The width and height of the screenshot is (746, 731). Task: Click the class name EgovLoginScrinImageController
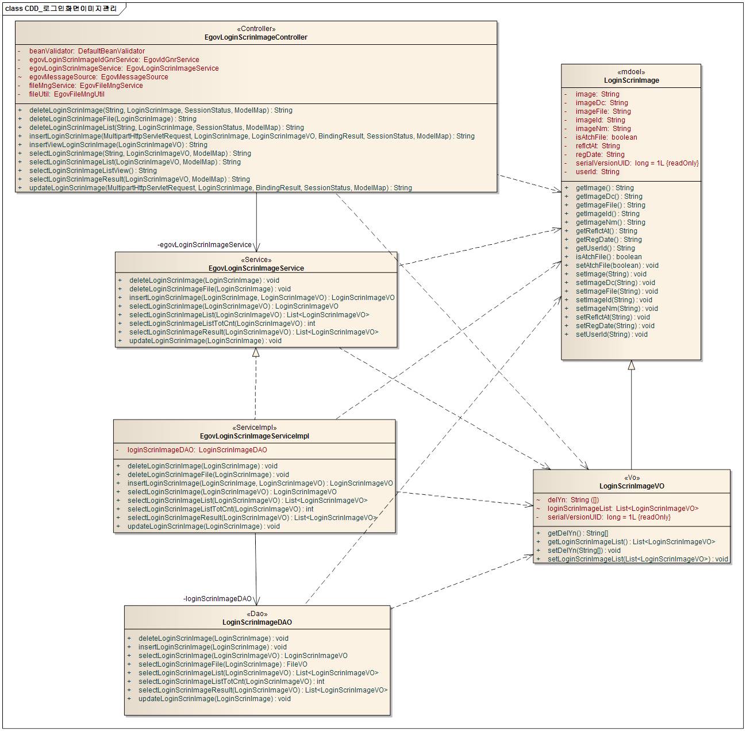coord(256,37)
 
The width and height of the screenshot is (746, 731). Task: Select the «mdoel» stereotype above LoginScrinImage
coord(631,72)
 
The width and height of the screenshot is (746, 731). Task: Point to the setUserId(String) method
coord(612,334)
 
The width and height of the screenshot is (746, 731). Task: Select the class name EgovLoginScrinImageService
coord(256,268)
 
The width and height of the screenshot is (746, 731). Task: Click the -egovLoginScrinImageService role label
coord(205,245)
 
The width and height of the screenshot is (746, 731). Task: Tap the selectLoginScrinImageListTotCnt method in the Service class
coord(222,324)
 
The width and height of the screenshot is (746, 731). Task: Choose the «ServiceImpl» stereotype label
coord(254,428)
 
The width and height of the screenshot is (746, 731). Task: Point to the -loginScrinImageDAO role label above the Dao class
coord(218,599)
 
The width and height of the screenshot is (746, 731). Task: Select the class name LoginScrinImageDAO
coord(257,622)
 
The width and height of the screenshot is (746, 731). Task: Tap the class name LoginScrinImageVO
coord(632,486)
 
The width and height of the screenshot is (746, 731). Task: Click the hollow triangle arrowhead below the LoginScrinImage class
coord(632,365)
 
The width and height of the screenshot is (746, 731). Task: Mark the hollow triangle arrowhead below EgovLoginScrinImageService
coord(256,352)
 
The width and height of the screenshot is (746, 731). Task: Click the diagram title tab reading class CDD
coord(61,9)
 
